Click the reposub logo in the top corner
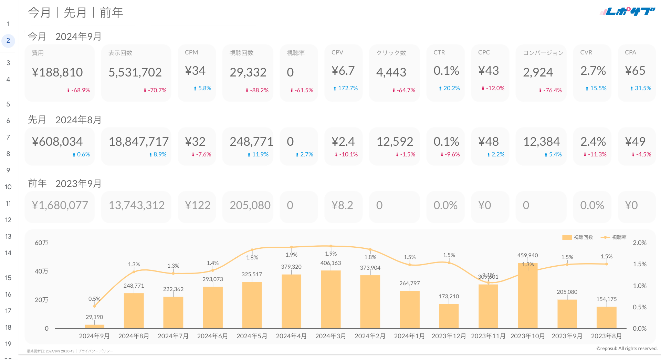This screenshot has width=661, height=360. pyautogui.click(x=628, y=12)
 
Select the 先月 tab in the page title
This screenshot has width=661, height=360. pyautogui.click(x=75, y=13)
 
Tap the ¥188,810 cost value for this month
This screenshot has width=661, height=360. pyautogui.click(x=57, y=72)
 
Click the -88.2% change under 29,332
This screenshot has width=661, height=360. pyautogui.click(x=257, y=90)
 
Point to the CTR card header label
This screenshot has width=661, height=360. pyautogui.click(x=439, y=52)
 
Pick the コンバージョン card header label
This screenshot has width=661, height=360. pyautogui.click(x=543, y=53)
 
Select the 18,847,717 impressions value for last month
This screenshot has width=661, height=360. pyautogui.click(x=139, y=142)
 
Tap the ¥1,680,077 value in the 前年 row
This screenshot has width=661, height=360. pyautogui.click(x=60, y=205)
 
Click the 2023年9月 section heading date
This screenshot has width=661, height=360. pyautogui.click(x=78, y=184)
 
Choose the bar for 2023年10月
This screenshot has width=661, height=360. pyautogui.click(x=527, y=296)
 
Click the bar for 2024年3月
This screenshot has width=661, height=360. pyautogui.click(x=330, y=300)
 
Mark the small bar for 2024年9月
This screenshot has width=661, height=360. pyautogui.click(x=94, y=326)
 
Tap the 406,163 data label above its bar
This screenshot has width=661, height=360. pyautogui.click(x=330, y=263)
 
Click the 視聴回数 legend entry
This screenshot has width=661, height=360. pyautogui.click(x=578, y=237)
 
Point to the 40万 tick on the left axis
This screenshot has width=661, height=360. pyautogui.click(x=41, y=271)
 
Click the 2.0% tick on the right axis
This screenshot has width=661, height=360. pyautogui.click(x=639, y=243)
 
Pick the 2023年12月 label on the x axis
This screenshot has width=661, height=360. pyautogui.click(x=449, y=336)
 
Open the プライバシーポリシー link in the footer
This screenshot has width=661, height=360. pyautogui.click(x=95, y=351)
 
